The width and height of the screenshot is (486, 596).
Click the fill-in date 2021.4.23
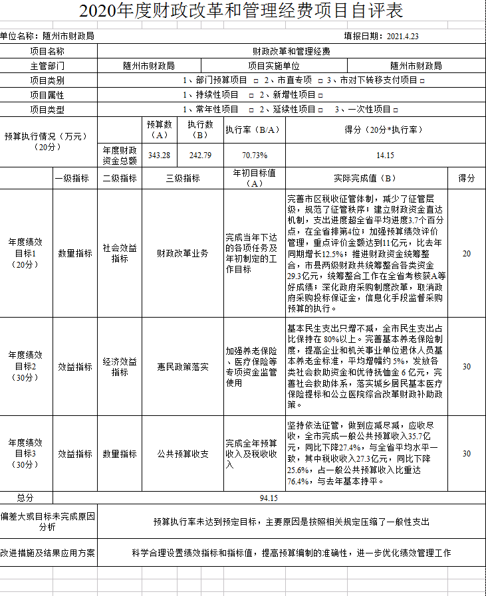click(x=403, y=36)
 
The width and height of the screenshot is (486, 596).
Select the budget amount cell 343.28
click(x=160, y=155)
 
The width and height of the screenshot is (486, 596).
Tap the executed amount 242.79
click(x=200, y=155)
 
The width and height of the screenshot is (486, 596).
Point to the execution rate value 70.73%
click(x=255, y=155)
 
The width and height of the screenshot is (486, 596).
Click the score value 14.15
click(x=385, y=155)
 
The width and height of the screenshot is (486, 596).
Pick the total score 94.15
click(x=269, y=498)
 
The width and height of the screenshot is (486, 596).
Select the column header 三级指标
click(x=182, y=179)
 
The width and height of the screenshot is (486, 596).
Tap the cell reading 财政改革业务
click(x=182, y=253)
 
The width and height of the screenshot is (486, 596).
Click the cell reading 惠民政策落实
click(x=182, y=366)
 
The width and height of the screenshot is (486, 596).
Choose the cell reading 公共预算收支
click(x=182, y=454)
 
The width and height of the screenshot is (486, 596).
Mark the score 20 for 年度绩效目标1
click(x=466, y=253)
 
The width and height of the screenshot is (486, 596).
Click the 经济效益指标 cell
click(x=120, y=366)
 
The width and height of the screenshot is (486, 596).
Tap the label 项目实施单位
click(x=274, y=66)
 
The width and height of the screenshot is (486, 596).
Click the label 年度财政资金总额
click(x=120, y=155)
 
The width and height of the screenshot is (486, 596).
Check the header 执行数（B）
click(x=200, y=129)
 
